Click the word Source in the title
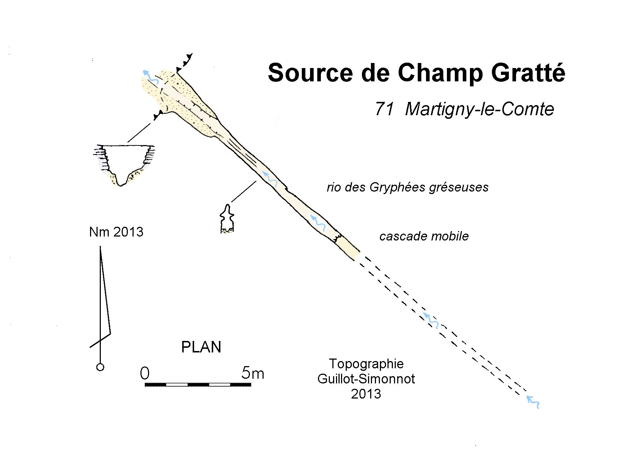[x=310, y=72]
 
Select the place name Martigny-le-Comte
[x=479, y=109]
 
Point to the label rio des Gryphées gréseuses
[x=407, y=187]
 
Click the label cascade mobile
[x=424, y=236]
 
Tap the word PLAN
[x=201, y=347]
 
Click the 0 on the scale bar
[x=144, y=373]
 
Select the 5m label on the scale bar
[x=253, y=373]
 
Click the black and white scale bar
[x=198, y=385]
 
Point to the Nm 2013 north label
[x=116, y=232]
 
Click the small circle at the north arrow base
[x=100, y=367]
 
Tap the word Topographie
[x=366, y=364]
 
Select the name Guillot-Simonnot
[x=366, y=379]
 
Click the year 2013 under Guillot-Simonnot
[x=366, y=394]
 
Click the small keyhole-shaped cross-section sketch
[x=227, y=220]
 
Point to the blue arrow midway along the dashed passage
[x=431, y=320]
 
